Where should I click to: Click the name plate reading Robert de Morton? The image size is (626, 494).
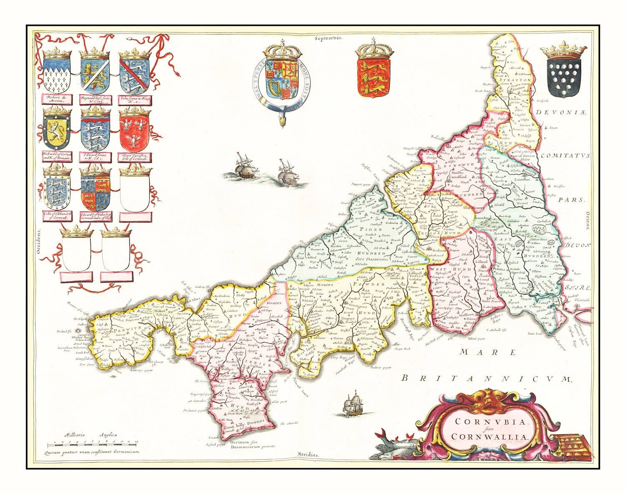tap(56, 99)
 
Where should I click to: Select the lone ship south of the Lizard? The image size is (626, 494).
tap(353, 404)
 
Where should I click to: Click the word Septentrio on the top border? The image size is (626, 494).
tap(329, 38)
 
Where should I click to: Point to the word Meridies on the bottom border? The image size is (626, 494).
tap(308, 454)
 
